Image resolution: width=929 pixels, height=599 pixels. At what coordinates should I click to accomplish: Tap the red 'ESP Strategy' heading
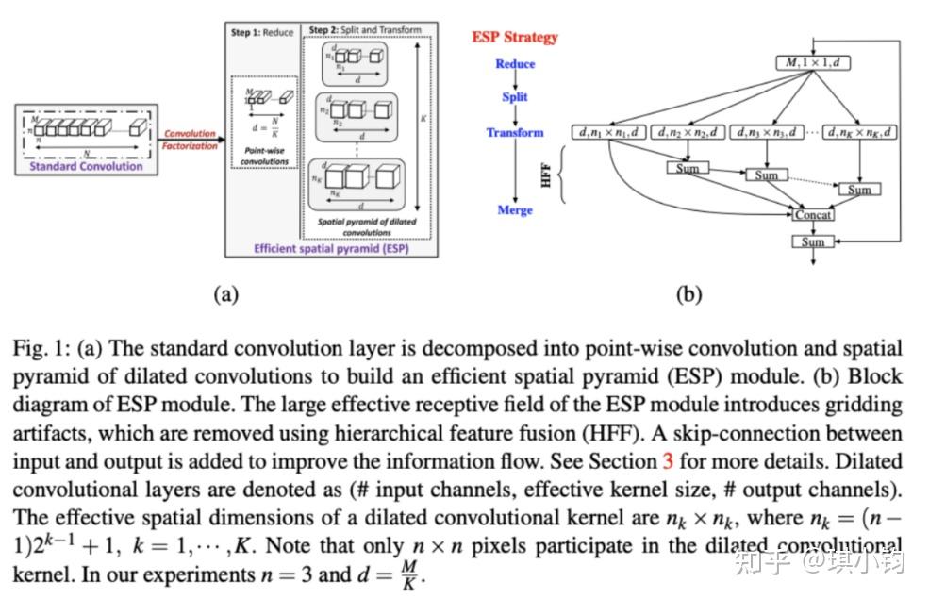coord(515,38)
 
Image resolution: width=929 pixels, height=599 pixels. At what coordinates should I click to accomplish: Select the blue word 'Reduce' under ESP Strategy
coord(515,64)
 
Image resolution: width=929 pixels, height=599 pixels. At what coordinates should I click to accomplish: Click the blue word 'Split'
coord(515,96)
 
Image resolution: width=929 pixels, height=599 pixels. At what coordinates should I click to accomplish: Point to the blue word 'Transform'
coord(515,133)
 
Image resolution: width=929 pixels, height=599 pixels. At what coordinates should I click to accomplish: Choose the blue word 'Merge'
coord(515,209)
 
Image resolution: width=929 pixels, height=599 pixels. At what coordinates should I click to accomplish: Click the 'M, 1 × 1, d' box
coord(812,63)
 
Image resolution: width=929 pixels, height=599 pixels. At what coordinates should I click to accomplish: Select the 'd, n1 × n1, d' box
coord(609,133)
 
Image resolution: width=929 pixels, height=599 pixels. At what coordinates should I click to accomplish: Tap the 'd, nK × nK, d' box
coord(862,133)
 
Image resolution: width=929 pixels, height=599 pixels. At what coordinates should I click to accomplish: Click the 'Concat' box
coord(813,215)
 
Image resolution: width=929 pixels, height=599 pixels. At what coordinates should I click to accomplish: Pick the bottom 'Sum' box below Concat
coord(813,242)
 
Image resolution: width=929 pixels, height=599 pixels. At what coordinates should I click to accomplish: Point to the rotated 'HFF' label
coord(546,175)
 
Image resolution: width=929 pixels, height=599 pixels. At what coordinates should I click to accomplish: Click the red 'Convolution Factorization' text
coord(190,140)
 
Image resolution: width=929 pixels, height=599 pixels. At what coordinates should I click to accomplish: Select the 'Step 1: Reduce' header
coord(262,32)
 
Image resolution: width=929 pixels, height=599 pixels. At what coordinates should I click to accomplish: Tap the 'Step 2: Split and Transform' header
coord(366,30)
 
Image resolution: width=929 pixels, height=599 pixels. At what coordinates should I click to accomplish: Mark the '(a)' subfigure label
coord(225,294)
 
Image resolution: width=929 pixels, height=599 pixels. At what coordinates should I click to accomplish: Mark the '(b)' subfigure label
coord(689,294)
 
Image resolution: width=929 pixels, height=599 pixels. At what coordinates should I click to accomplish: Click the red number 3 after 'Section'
coord(667,463)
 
